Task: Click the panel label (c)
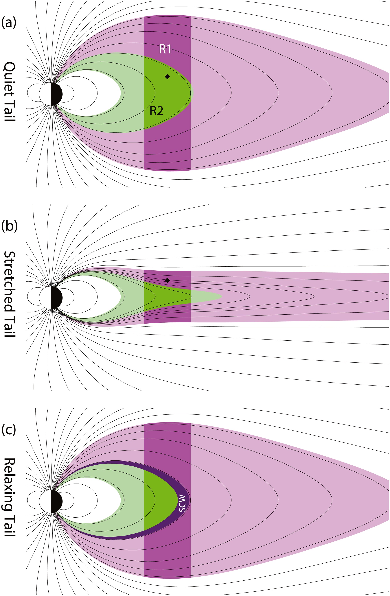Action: coord(9,429)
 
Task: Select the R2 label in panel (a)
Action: coord(156,111)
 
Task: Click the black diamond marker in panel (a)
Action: coord(167,77)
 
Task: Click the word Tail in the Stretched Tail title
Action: coord(10,326)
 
